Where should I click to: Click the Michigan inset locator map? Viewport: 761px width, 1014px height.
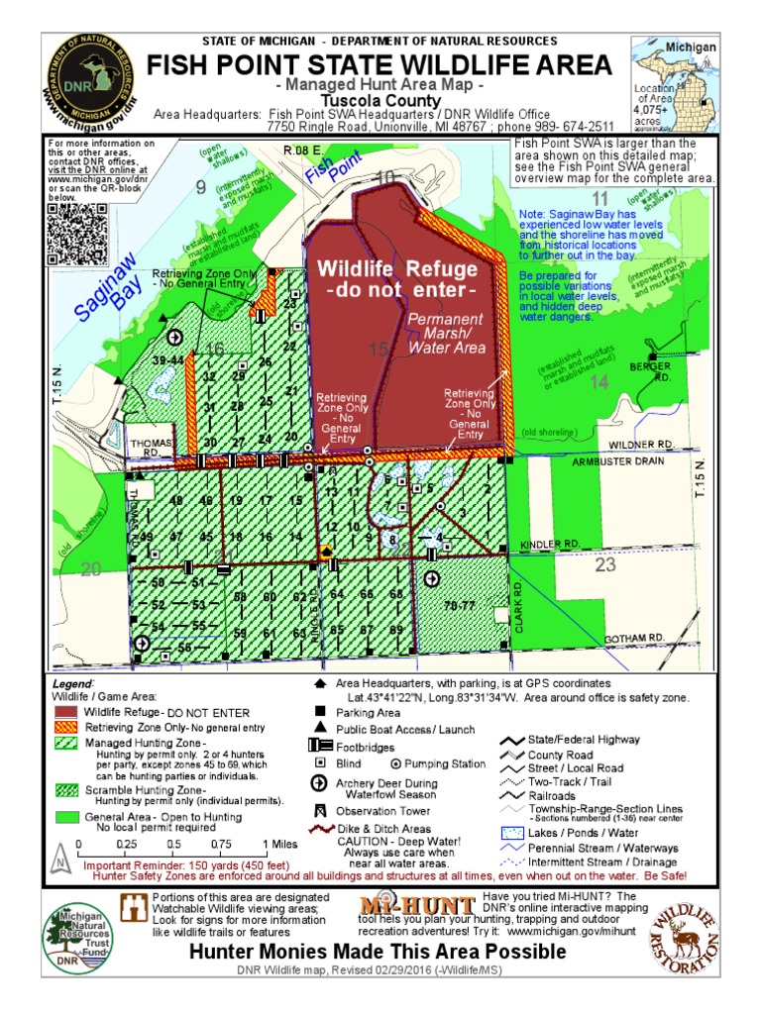point(676,86)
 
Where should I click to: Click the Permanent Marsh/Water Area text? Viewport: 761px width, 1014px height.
point(446,334)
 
